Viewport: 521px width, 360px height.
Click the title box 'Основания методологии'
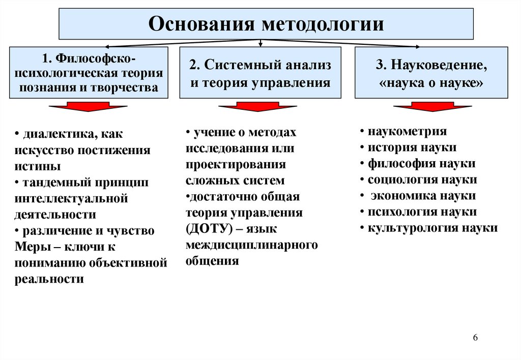coord(266,24)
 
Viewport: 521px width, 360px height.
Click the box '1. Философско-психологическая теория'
coord(89,72)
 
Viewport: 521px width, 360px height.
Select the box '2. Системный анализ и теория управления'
coord(260,73)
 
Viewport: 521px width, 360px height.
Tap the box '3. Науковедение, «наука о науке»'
coord(431,73)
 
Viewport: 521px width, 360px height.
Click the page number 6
coord(475,339)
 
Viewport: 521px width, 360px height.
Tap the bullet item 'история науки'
coord(412,147)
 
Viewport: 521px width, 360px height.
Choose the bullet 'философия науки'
coord(421,164)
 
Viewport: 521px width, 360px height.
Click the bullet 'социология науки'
coord(422,179)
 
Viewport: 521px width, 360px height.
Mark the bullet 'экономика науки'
coord(423,196)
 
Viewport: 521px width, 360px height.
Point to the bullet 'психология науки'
coord(422,212)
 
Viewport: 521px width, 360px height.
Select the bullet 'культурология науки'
coord(432,228)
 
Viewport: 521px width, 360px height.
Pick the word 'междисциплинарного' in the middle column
coord(252,245)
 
